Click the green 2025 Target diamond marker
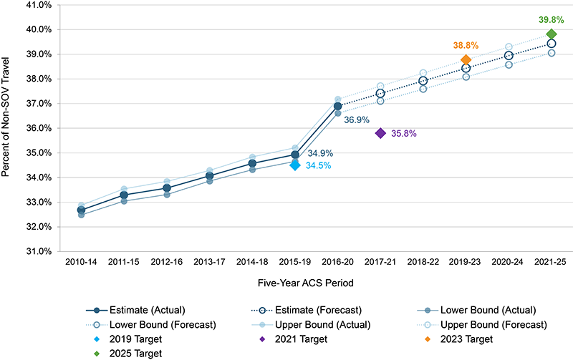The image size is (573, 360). (x=552, y=34)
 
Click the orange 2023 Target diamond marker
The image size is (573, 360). (x=466, y=60)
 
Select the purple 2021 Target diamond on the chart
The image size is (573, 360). (x=380, y=133)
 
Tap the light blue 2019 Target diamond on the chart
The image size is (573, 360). (x=294, y=165)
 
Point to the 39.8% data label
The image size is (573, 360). (x=552, y=19)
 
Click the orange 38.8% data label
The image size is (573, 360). (x=466, y=45)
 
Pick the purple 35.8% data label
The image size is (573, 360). (x=403, y=133)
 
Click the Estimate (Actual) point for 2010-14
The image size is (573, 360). (x=81, y=210)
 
